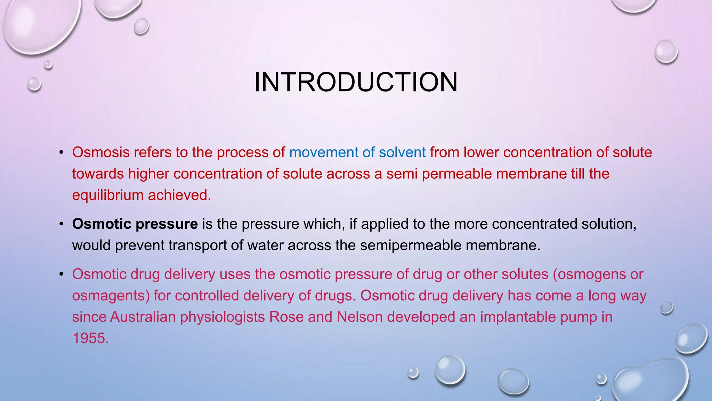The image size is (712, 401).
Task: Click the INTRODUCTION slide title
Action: [356, 82]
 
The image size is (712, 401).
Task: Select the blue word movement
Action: [323, 152]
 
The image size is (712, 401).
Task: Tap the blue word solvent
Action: [402, 152]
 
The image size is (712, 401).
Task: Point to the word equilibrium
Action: [108, 195]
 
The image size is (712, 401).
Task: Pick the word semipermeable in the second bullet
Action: [411, 245]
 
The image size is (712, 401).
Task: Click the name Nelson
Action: [359, 317]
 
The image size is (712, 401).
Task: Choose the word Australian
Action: [143, 317]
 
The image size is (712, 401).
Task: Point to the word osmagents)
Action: [111, 296]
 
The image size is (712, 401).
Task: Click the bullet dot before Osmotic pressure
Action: [62, 224]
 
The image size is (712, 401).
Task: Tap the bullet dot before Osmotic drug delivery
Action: [62, 275]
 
